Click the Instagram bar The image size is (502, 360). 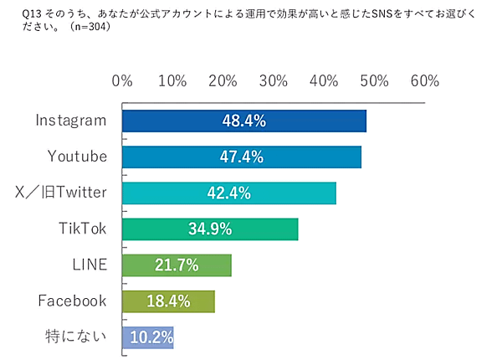pos(244,121)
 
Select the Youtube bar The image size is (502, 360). pos(242,157)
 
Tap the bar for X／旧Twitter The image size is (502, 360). pos(229,193)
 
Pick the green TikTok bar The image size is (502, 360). pos(210,229)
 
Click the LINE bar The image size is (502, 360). pos(177,265)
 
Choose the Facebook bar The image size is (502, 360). pos(168,301)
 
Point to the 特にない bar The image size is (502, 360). pos(148,337)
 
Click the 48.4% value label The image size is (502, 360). pos(243,121)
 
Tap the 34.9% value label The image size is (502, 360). pos(210,229)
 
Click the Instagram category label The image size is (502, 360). pos(71,121)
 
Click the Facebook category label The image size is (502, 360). pos(73,301)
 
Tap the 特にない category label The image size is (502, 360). pos(76,337)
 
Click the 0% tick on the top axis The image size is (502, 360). pos(122,81)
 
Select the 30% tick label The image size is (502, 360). pos(274,81)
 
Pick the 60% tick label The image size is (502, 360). pos(425,81)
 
